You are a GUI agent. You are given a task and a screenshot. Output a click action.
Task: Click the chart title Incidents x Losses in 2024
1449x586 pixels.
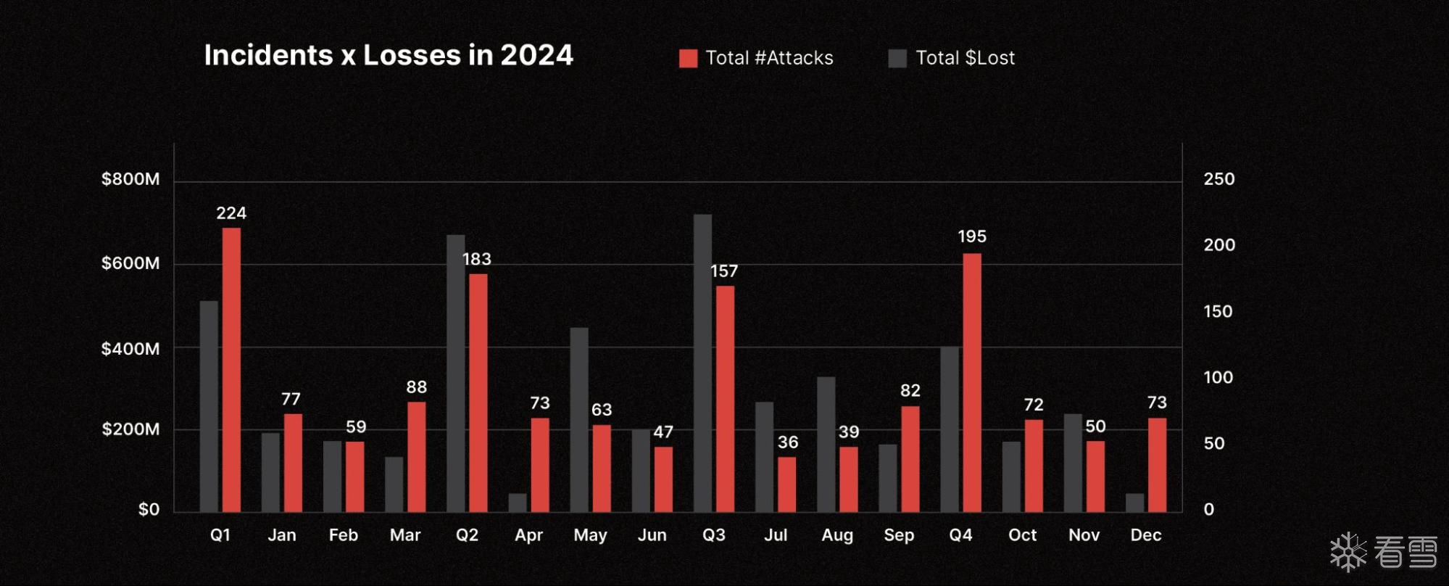tap(389, 56)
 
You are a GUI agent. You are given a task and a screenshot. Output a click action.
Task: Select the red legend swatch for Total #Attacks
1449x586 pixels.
tap(688, 59)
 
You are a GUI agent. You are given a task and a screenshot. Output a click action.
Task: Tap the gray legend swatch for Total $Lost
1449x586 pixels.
tap(897, 59)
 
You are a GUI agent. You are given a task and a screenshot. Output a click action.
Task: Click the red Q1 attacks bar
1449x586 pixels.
tap(231, 370)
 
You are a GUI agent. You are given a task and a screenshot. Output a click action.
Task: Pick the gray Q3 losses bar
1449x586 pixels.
tap(702, 363)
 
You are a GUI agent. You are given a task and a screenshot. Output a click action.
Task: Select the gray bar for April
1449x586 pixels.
tap(518, 503)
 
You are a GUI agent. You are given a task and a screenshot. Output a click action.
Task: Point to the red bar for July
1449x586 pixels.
tap(786, 484)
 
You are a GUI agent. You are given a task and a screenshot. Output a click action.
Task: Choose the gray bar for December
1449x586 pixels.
tap(1134, 503)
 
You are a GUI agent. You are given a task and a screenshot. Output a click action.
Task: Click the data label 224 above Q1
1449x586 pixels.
tap(231, 213)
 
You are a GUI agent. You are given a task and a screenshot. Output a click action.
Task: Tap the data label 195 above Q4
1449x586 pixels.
tap(971, 236)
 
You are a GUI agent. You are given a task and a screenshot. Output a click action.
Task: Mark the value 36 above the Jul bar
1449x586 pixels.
tap(788, 442)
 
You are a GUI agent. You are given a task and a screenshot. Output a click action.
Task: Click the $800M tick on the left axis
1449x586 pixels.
tap(130, 179)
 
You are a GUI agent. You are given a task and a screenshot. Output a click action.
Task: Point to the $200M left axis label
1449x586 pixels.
tap(130, 429)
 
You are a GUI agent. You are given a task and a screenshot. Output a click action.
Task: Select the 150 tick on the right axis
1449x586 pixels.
tap(1218, 312)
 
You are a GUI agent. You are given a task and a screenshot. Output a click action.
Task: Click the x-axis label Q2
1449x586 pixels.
tap(467, 535)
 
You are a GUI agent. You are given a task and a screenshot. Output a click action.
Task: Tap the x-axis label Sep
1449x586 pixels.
tap(899, 535)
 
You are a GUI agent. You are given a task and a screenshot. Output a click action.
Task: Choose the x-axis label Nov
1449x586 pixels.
tap(1084, 535)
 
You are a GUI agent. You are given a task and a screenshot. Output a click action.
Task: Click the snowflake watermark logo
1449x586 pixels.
tap(1348, 553)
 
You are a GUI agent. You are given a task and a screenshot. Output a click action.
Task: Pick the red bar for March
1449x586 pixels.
tap(417, 457)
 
